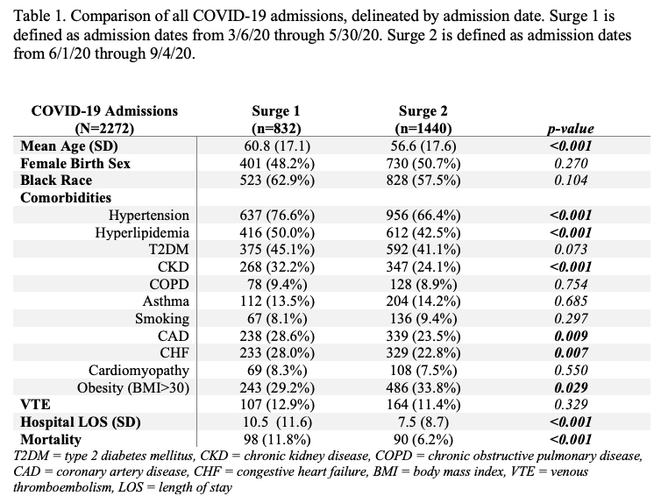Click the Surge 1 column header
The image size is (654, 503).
pyautogui.click(x=276, y=119)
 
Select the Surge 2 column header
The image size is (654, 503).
pyautogui.click(x=423, y=119)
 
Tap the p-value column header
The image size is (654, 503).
pyautogui.click(x=571, y=129)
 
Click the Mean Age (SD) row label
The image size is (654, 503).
pyautogui.click(x=69, y=146)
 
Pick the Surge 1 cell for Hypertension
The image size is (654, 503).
pyautogui.click(x=277, y=216)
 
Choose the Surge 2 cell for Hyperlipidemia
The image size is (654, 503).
pyautogui.click(x=423, y=232)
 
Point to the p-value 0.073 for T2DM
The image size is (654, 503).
pyautogui.click(x=571, y=250)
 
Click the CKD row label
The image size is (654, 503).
pyautogui.click(x=173, y=267)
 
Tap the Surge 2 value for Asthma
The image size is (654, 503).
pyautogui.click(x=423, y=301)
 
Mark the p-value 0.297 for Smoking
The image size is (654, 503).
pyautogui.click(x=571, y=319)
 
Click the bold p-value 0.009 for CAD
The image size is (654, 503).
pyautogui.click(x=571, y=336)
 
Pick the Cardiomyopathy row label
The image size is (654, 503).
pyautogui.click(x=139, y=371)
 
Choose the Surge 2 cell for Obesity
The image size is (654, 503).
pyautogui.click(x=423, y=388)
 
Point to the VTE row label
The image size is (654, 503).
pyautogui.click(x=35, y=405)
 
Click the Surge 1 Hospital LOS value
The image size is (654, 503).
pyautogui.click(x=277, y=422)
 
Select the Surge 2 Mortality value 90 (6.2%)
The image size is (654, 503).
pyautogui.click(x=423, y=440)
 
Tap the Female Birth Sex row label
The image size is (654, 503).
pyautogui.click(x=75, y=164)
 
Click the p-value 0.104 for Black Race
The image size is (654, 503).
pyautogui.click(x=571, y=181)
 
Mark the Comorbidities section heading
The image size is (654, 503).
pyautogui.click(x=66, y=198)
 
